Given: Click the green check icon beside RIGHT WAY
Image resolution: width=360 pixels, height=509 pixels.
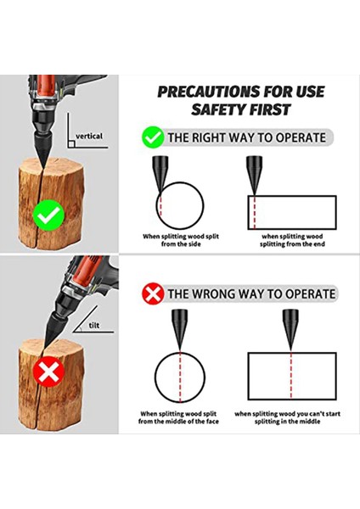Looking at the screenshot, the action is click(x=153, y=137).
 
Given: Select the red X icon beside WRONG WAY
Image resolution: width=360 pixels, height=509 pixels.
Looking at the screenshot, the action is click(x=153, y=294).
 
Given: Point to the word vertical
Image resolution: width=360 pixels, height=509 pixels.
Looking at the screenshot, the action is click(x=89, y=136).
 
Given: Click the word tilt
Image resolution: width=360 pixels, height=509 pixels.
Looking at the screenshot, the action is click(x=94, y=325).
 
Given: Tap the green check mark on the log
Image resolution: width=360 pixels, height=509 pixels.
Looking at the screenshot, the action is click(x=48, y=215).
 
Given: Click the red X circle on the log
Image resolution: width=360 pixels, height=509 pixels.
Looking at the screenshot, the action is click(x=48, y=372).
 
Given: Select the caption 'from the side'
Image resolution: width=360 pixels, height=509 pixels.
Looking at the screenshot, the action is click(x=181, y=244).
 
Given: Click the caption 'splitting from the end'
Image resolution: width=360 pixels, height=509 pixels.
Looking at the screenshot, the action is click(x=292, y=244).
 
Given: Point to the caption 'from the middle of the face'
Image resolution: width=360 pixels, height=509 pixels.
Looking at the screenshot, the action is click(x=178, y=422).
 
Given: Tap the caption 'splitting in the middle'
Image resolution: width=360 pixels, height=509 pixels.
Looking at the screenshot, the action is click(x=287, y=422).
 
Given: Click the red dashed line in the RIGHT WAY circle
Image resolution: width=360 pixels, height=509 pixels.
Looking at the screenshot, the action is click(x=160, y=205).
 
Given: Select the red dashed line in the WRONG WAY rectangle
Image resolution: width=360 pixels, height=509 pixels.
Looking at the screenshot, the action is click(x=290, y=376).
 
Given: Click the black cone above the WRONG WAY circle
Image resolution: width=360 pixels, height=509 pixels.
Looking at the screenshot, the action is click(x=179, y=328).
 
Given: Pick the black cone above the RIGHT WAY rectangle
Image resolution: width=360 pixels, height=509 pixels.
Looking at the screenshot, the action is click(x=255, y=175).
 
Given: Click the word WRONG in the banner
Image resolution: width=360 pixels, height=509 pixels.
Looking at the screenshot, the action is click(x=213, y=294).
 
